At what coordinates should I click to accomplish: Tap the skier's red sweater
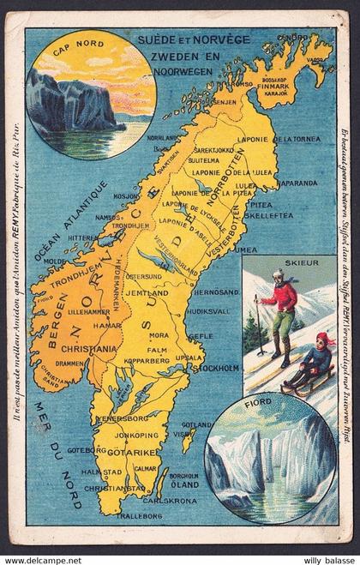tap(281, 298)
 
